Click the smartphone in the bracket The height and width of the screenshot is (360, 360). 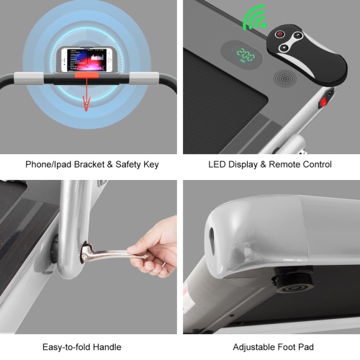pyautogui.click(x=86, y=60)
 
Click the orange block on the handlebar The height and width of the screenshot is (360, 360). pyautogui.click(x=86, y=76)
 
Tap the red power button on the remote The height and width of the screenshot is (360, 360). pyautogui.click(x=279, y=34)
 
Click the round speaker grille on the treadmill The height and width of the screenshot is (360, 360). pyautogui.click(x=285, y=79)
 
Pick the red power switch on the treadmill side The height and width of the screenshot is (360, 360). pyautogui.click(x=323, y=103)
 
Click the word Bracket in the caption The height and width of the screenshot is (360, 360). pyautogui.click(x=89, y=164)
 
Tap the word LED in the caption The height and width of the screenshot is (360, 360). pyautogui.click(x=217, y=164)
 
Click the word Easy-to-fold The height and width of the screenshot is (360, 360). pyautogui.click(x=66, y=347)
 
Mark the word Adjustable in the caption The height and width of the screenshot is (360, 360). pyautogui.click(x=253, y=347)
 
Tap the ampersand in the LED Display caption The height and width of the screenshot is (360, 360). pyautogui.click(x=263, y=165)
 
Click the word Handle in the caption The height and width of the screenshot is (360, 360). pyautogui.click(x=107, y=347)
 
